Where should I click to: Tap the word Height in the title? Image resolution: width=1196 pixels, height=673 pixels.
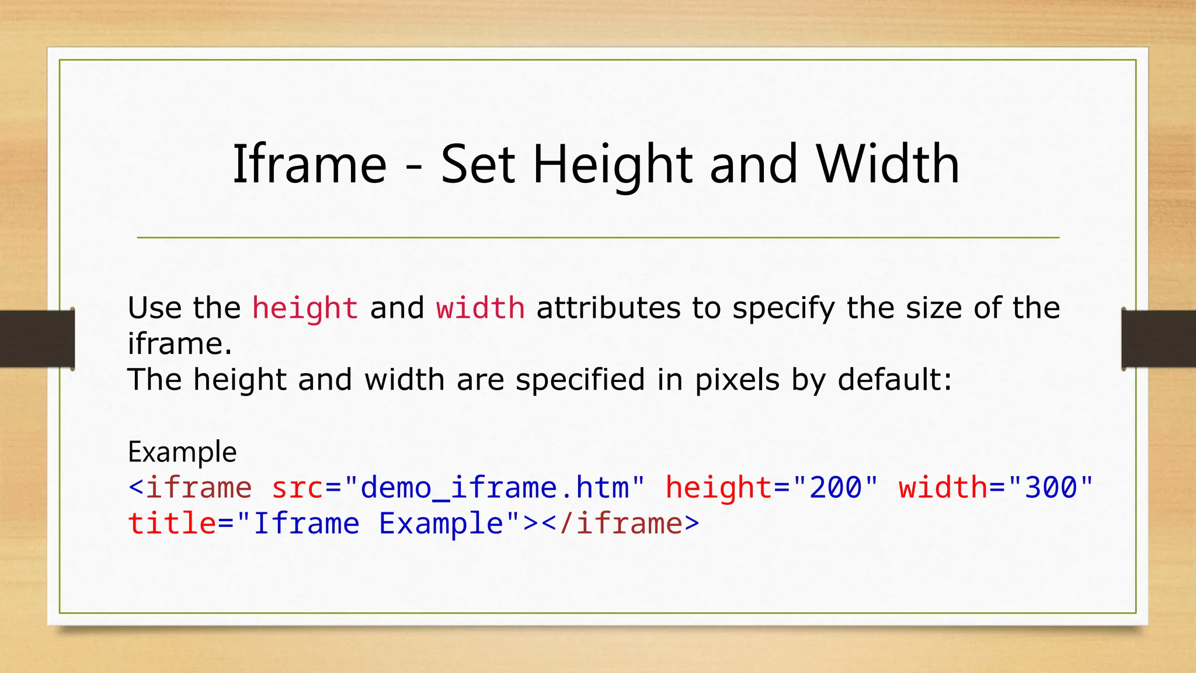pyautogui.click(x=613, y=165)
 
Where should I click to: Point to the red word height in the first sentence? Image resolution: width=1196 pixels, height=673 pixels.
pyautogui.click(x=305, y=308)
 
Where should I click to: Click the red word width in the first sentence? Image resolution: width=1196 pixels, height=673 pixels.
pyautogui.click(x=480, y=308)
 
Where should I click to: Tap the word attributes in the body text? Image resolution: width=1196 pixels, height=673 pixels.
pyautogui.click(x=608, y=308)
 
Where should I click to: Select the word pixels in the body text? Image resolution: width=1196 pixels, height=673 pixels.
pyautogui.click(x=737, y=380)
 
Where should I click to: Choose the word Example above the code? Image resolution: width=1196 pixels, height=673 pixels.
pyautogui.click(x=182, y=452)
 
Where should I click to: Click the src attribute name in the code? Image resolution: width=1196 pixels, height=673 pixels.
pyautogui.click(x=297, y=488)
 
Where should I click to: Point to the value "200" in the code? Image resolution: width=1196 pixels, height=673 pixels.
pyautogui.click(x=836, y=487)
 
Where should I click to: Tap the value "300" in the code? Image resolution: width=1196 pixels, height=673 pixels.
pyautogui.click(x=1051, y=487)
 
